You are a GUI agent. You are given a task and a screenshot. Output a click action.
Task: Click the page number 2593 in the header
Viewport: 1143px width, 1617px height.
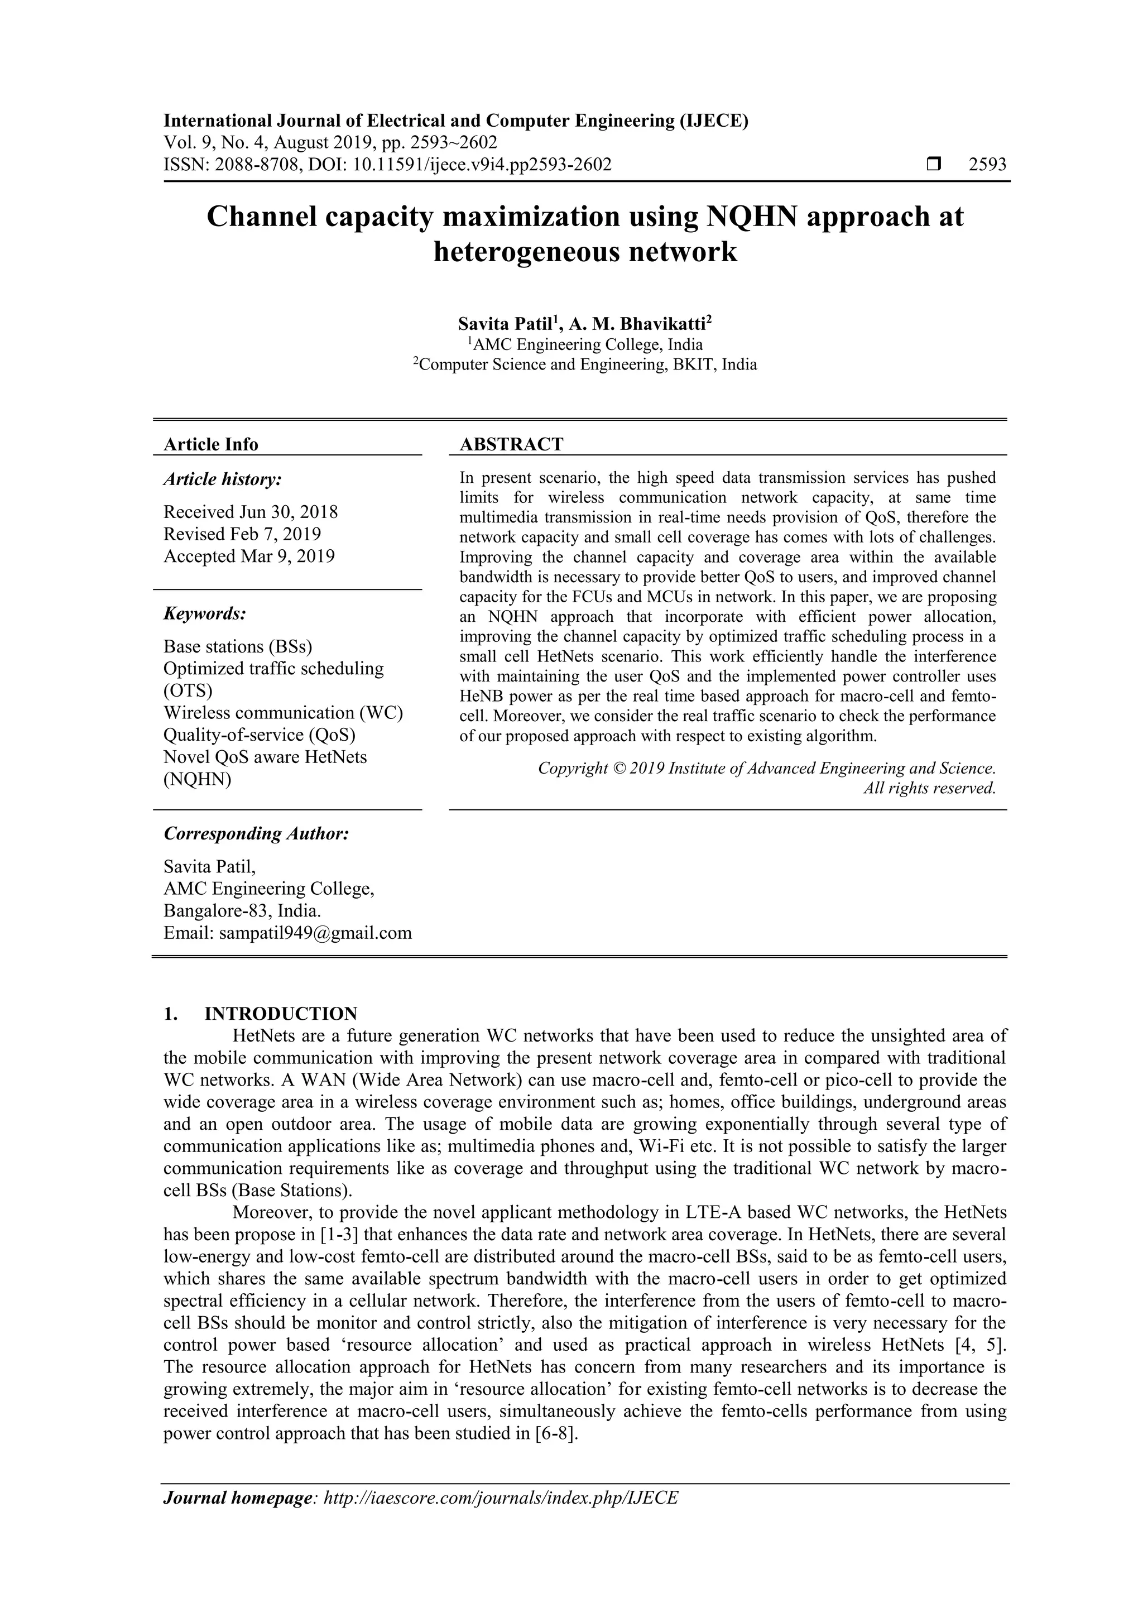pos(987,165)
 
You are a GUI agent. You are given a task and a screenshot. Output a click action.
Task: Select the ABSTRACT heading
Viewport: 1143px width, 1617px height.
pos(511,444)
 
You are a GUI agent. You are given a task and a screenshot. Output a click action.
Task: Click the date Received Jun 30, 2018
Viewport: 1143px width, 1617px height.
pos(251,511)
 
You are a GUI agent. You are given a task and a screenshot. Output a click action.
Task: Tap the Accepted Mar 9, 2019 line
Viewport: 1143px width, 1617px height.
pos(249,556)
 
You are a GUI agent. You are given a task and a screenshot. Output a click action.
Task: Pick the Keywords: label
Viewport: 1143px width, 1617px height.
pos(205,613)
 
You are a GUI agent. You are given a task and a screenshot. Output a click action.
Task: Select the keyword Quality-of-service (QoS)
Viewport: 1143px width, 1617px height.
pos(259,735)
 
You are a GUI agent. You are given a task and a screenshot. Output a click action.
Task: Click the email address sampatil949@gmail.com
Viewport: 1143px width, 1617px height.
pos(315,933)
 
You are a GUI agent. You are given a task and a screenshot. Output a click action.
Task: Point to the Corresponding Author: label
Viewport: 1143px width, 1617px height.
pos(256,833)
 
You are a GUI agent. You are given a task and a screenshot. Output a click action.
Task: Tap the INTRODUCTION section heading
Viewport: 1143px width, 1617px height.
pos(281,1014)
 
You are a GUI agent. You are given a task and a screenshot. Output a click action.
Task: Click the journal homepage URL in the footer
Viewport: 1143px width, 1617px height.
pos(500,1517)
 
